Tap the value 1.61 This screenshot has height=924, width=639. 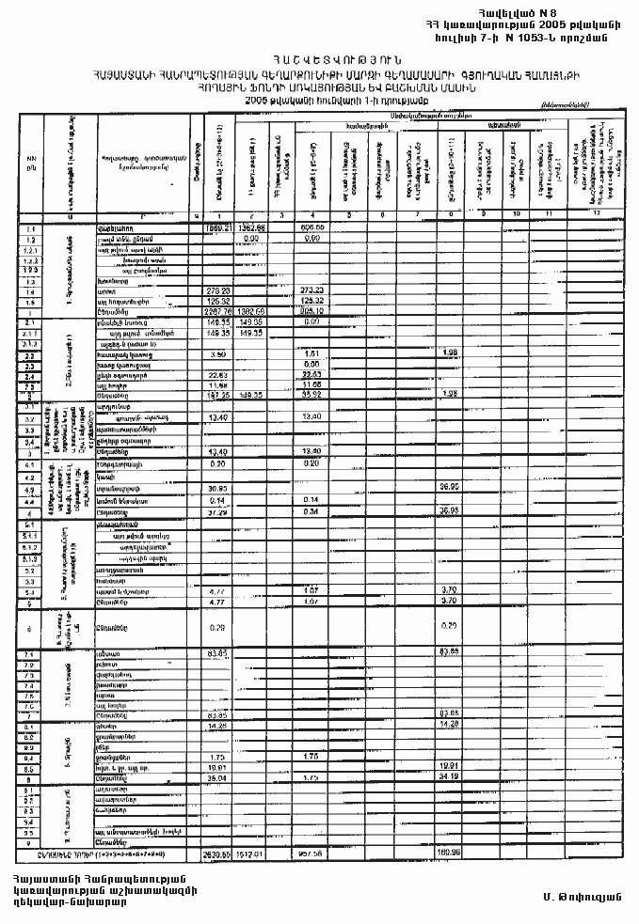pyautogui.click(x=313, y=353)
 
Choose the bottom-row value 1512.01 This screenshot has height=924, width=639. pyautogui.click(x=250, y=854)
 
